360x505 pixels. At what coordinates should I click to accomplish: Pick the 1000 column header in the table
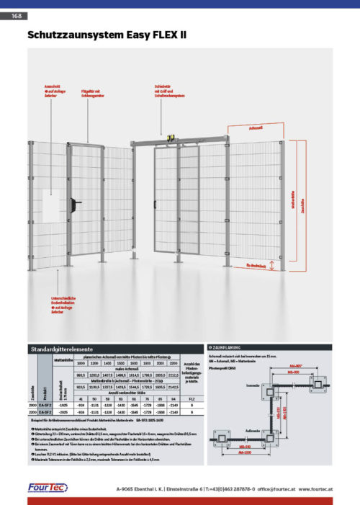point(81,364)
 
